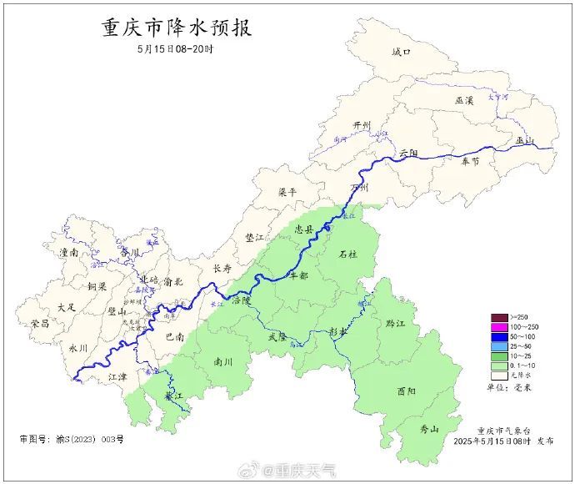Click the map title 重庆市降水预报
pos(176,28)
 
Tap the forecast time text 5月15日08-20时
pos(176,49)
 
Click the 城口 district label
pos(402,53)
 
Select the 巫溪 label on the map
pos(464,100)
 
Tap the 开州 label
pos(362,125)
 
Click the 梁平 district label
pos(287,192)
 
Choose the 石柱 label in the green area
pos(347,254)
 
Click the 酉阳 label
pos(407,391)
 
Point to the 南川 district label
pos(224,362)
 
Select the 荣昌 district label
pos(39,323)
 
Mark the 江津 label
pos(118,378)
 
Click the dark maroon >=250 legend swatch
pos(498,317)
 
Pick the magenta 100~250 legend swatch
pos(498,326)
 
